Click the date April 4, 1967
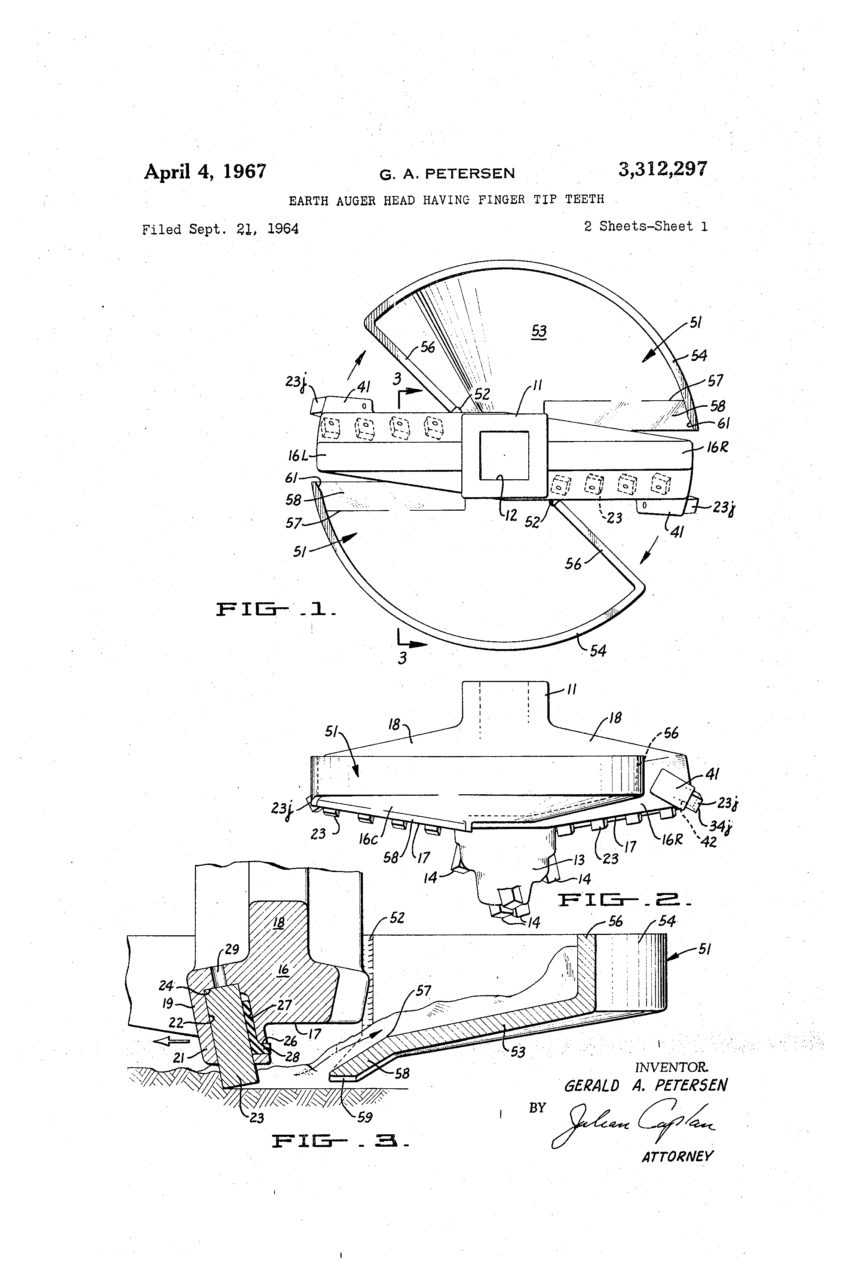[x=205, y=172]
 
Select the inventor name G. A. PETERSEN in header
[x=447, y=174]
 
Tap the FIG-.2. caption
[x=624, y=900]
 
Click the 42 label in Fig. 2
[x=709, y=842]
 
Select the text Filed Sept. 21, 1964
[x=220, y=229]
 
